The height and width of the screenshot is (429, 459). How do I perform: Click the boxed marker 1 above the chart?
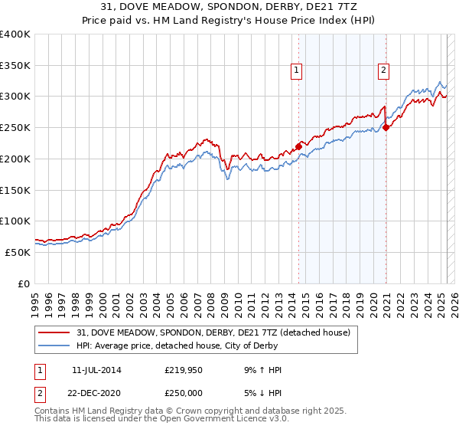296,71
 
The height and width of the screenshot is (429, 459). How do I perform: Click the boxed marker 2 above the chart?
382,71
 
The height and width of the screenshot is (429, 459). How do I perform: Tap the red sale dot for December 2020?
386,128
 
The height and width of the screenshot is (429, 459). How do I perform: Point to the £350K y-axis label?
15,66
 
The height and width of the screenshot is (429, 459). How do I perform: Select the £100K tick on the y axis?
15,221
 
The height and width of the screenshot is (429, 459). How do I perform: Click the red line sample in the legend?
55,332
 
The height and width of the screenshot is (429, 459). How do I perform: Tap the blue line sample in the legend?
55,346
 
